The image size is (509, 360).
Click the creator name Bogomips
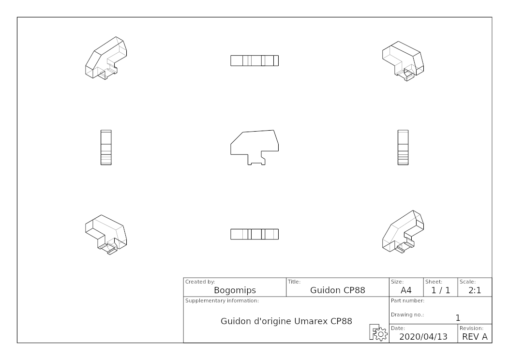click(x=235, y=290)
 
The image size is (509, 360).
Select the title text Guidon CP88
click(x=338, y=290)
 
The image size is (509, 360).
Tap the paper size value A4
click(x=406, y=290)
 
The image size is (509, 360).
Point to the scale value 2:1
click(x=475, y=290)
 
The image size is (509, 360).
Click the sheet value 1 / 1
click(x=440, y=290)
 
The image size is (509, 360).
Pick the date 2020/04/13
click(x=423, y=337)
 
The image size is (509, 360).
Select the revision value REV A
click(x=475, y=337)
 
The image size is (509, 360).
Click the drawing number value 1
click(x=458, y=318)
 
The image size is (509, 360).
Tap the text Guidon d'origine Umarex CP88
click(x=286, y=321)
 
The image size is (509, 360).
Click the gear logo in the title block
click(x=378, y=332)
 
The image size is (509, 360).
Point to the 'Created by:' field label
click(x=200, y=282)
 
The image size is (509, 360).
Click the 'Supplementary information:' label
click(x=222, y=300)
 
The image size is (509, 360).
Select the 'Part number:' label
click(x=407, y=300)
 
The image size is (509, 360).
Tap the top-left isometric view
click(x=106, y=58)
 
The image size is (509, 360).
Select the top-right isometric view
click(x=403, y=61)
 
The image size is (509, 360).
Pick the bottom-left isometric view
click(x=106, y=234)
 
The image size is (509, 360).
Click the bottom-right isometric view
click(x=403, y=231)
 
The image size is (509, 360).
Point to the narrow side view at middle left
click(x=106, y=148)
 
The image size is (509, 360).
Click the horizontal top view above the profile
click(x=254, y=60)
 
